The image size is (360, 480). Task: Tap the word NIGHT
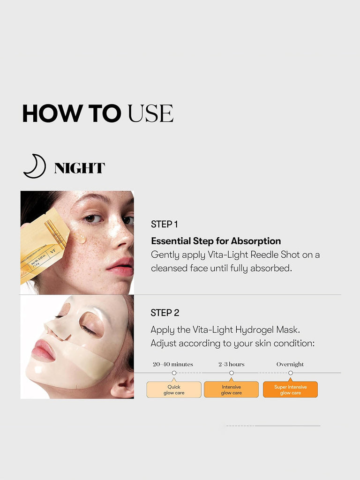click(x=80, y=168)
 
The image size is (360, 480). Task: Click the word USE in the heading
click(x=150, y=113)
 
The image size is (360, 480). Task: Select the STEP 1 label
click(x=165, y=225)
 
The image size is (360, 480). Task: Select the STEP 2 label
click(x=165, y=313)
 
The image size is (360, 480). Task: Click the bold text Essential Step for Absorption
click(x=216, y=241)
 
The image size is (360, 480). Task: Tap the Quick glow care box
click(x=174, y=390)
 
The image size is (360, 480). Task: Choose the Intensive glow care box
click(x=232, y=390)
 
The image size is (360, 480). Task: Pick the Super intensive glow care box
click(x=290, y=390)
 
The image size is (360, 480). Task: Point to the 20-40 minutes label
click(x=173, y=364)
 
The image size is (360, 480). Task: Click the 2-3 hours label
click(x=232, y=364)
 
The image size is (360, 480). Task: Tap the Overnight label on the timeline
click(x=290, y=364)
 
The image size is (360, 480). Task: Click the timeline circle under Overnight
click(x=291, y=373)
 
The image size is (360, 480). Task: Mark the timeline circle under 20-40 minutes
click(x=174, y=373)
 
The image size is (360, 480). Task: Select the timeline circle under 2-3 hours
click(x=232, y=373)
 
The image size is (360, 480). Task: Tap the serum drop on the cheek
click(x=78, y=237)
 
